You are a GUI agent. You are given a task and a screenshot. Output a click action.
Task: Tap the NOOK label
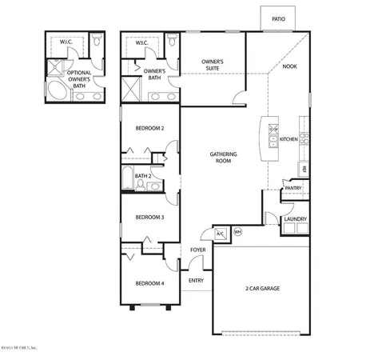coord(288,66)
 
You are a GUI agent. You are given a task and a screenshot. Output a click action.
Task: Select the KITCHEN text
coord(288,139)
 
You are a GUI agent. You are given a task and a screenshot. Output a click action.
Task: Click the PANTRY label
coord(293,189)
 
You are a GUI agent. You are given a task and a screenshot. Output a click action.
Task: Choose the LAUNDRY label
coord(296,218)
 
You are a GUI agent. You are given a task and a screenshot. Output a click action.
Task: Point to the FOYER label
coord(197,250)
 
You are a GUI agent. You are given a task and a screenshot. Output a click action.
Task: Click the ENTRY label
coord(196,281)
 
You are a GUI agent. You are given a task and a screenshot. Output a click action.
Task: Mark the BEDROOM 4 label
coord(149,283)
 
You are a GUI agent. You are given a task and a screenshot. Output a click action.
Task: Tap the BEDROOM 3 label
coord(149,217)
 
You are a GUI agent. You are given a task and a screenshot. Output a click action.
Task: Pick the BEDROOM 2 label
coord(149,128)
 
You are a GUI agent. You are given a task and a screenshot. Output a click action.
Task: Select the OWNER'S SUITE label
coord(212,65)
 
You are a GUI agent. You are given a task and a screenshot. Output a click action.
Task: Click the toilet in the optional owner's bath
coord(95,40)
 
